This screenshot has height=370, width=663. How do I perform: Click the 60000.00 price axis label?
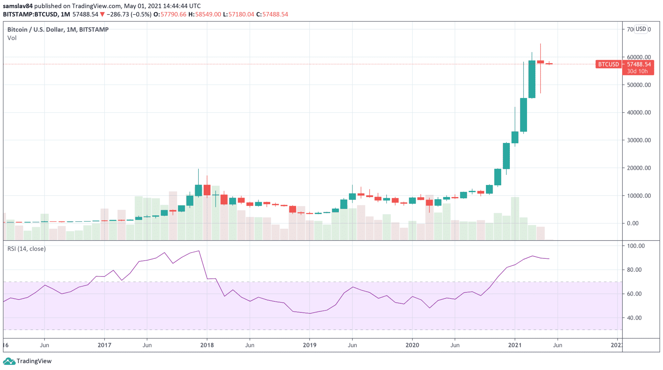(x=639, y=57)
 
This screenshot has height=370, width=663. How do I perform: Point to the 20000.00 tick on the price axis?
(x=639, y=168)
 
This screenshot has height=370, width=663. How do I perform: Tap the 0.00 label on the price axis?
(x=633, y=223)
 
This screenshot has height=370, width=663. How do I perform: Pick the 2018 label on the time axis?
(x=207, y=345)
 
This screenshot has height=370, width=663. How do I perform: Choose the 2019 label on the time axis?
(x=309, y=345)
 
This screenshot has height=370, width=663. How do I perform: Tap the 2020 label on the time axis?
(x=412, y=345)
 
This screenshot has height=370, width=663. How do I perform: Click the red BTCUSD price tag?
(x=608, y=64)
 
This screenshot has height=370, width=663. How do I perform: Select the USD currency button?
(x=641, y=29)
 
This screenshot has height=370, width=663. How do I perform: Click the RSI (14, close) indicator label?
(x=27, y=249)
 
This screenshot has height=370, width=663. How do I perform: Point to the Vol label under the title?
(x=12, y=38)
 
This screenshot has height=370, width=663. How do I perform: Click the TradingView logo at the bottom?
(x=27, y=361)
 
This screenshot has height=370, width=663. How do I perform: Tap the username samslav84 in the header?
(x=18, y=6)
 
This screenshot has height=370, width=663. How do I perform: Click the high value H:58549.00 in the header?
(x=205, y=14)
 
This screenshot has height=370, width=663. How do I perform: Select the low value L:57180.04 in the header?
(x=239, y=14)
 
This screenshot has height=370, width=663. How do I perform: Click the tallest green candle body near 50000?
(x=532, y=79)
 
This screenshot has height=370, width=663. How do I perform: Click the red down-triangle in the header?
(x=102, y=14)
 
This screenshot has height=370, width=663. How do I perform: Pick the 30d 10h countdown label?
(x=637, y=71)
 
